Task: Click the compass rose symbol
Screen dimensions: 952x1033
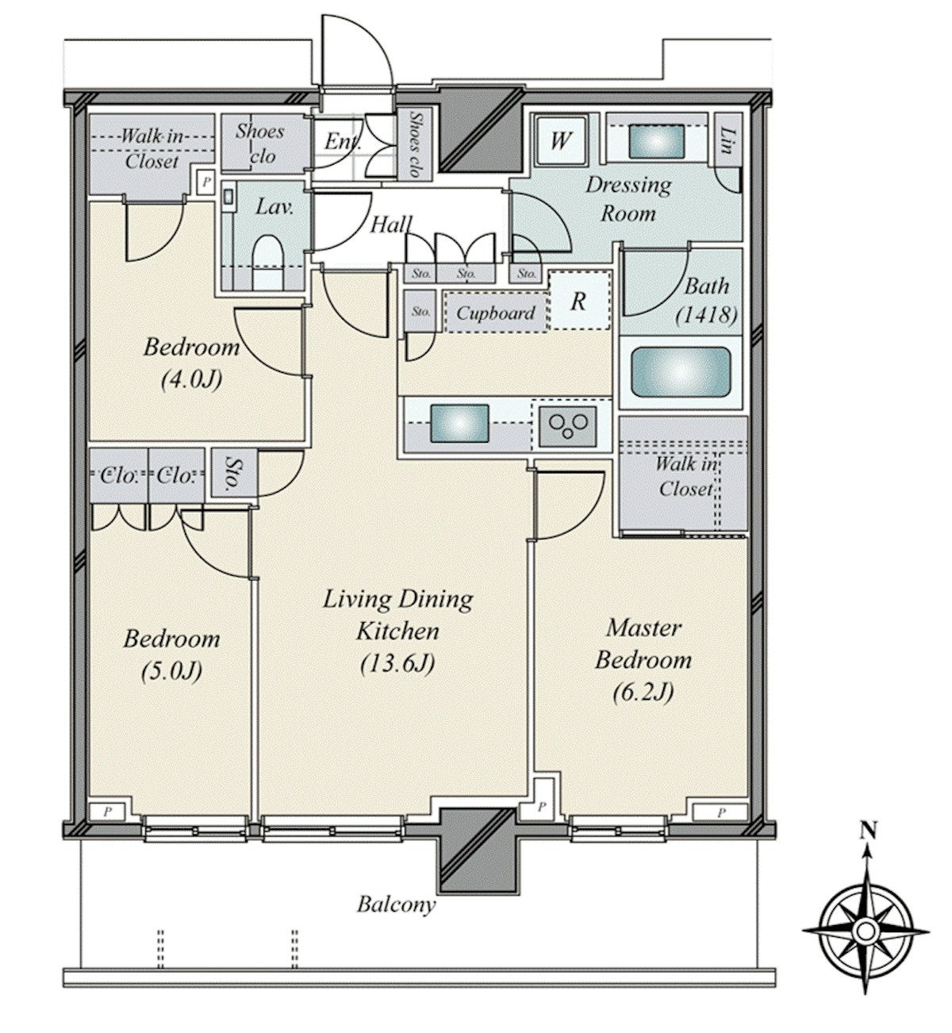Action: click(867, 931)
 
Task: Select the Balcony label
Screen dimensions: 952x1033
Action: click(396, 904)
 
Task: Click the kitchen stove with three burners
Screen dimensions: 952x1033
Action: click(568, 426)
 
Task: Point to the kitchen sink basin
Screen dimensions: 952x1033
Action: click(459, 424)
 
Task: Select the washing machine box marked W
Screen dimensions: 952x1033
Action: click(561, 140)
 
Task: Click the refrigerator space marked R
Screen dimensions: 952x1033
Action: click(580, 301)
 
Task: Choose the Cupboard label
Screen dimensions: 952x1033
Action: click(496, 313)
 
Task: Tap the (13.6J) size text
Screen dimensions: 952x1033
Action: click(397, 664)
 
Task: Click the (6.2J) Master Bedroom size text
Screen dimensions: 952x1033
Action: click(643, 693)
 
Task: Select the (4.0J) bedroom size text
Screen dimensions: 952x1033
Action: click(192, 379)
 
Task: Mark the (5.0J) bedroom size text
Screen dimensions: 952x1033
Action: click(171, 671)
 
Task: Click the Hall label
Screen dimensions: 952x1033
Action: click(392, 224)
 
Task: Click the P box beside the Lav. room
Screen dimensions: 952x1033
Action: click(206, 182)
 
